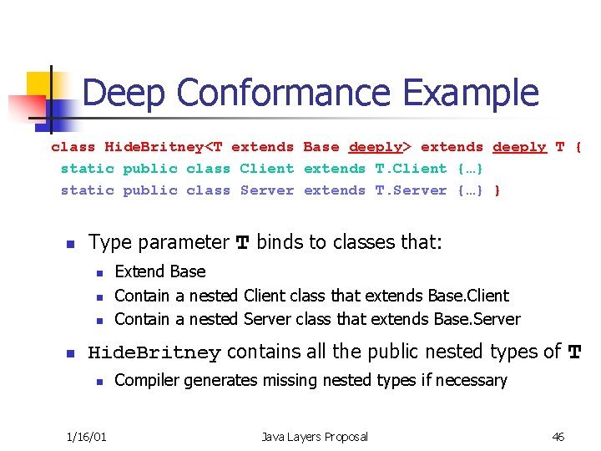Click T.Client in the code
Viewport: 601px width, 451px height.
coord(412,169)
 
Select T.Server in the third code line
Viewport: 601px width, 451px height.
coord(412,190)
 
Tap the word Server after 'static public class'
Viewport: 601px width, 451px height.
coord(267,190)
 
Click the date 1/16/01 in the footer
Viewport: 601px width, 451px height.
coord(87,437)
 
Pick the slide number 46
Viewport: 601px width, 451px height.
coord(558,437)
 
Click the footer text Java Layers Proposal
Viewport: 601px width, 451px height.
coord(315,437)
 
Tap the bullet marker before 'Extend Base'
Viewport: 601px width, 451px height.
coord(99,272)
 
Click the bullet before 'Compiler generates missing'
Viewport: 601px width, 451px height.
coord(99,382)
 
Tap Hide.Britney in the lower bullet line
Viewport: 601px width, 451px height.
coord(154,353)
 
